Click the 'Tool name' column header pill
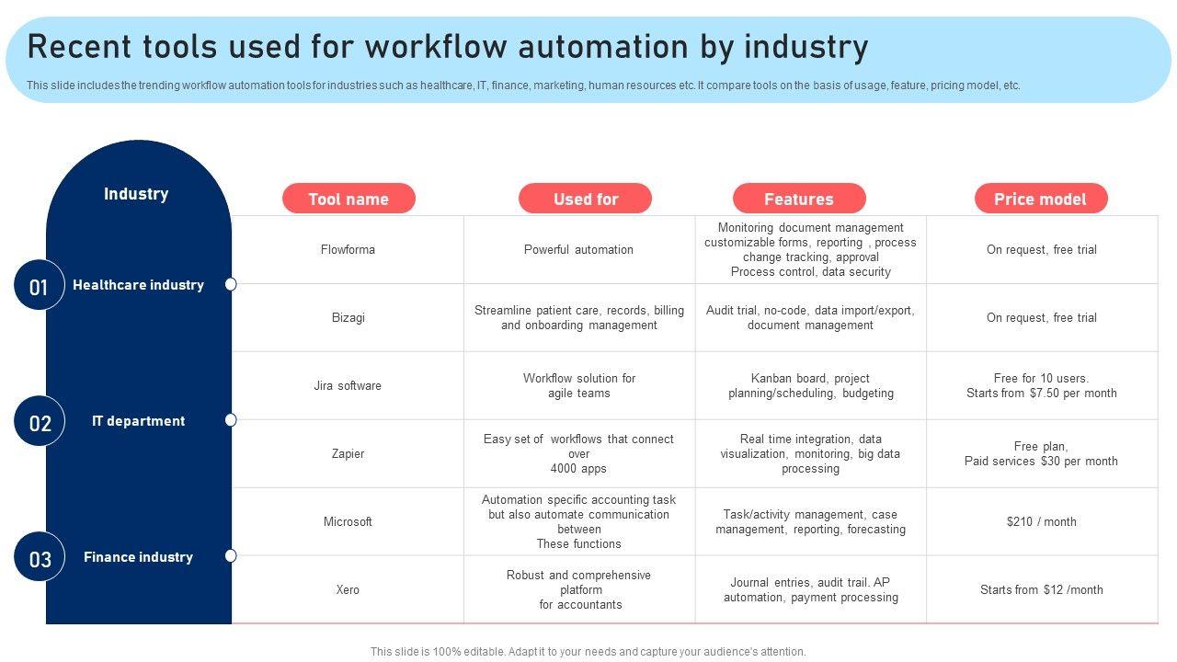coord(349,199)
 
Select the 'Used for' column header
coord(585,199)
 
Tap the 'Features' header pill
coord(799,199)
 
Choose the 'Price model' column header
coord(1040,199)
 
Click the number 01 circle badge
coord(39,286)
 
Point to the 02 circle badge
coord(40,422)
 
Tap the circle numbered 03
coord(40,558)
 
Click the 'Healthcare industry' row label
coord(138,285)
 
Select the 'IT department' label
coord(138,421)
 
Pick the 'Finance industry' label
coord(138,557)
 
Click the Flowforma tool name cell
coord(348,249)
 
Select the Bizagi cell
coord(348,317)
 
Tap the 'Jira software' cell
coord(348,385)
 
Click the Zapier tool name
coord(348,453)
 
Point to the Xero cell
coord(348,589)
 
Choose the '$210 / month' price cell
coord(1041,521)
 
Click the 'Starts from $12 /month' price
coord(1041,589)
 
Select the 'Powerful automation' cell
coord(578,249)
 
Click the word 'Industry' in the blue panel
coord(136,194)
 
